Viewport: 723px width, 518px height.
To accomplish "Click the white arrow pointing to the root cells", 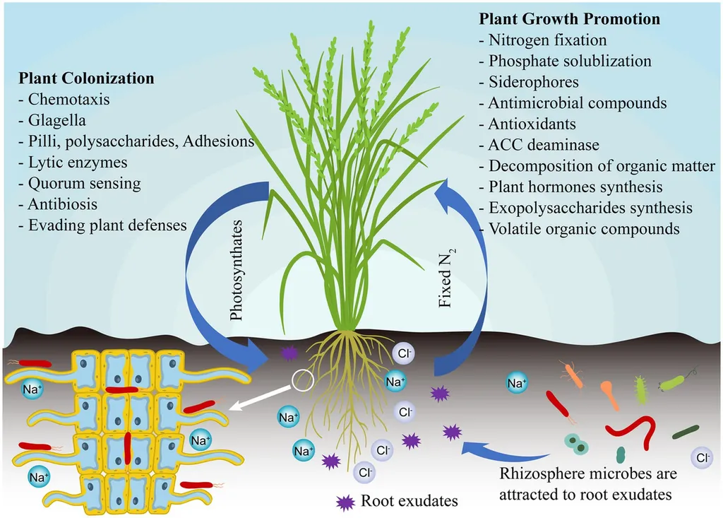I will [x=261, y=397].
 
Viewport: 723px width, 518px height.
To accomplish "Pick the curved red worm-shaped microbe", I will [x=631, y=430].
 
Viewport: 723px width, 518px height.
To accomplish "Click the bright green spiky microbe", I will [x=641, y=389].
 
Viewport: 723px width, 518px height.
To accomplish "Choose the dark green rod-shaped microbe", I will [x=686, y=431].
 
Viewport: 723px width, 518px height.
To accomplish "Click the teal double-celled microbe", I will [x=577, y=444].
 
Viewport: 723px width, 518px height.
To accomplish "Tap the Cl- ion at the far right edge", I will [x=703, y=458].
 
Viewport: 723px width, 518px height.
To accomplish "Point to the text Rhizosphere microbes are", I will [x=588, y=473].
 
